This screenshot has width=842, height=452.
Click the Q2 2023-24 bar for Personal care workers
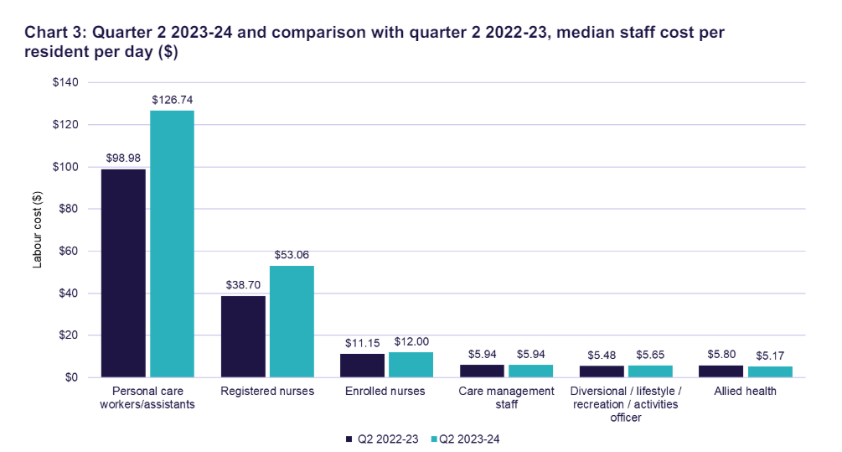(172, 243)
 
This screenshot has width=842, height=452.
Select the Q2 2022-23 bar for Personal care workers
(123, 273)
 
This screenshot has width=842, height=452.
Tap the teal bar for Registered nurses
(291, 321)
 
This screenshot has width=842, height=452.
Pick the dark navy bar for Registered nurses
(243, 336)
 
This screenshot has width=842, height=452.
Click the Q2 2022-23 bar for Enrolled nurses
(362, 366)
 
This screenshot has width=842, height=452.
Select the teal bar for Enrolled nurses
(411, 365)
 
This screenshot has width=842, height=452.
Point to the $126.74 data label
(172, 100)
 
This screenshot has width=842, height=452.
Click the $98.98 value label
(123, 158)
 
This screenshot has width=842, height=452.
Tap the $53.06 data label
(291, 255)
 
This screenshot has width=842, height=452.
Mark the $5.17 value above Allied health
(770, 356)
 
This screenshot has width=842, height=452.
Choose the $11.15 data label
(362, 343)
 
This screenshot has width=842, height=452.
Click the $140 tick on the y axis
(65, 82)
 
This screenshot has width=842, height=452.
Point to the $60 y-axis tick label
(67, 251)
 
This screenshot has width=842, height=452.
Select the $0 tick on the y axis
(70, 377)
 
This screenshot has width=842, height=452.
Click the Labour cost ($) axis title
(37, 230)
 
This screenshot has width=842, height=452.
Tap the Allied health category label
(746, 391)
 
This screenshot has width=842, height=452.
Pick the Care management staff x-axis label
(507, 397)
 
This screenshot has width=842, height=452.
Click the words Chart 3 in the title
(54, 34)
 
